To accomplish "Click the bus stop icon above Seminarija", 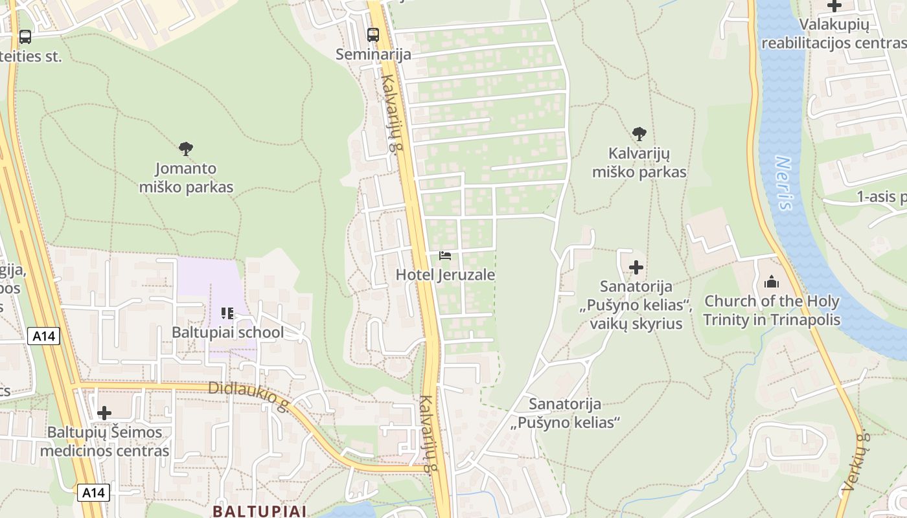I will click(373, 34).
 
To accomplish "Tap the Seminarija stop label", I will click(373, 54).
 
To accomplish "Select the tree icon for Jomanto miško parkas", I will click(186, 149).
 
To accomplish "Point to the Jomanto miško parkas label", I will click(186, 178).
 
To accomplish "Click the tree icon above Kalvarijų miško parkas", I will click(639, 134).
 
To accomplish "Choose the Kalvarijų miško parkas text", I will click(639, 163).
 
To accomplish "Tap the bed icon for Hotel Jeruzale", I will click(445, 256).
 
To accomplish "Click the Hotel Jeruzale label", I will click(445, 275).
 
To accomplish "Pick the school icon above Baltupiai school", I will click(227, 314).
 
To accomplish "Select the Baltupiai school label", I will click(227, 332).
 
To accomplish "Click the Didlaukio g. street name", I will click(249, 397).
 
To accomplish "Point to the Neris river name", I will click(785, 183).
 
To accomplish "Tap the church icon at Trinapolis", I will click(771, 282).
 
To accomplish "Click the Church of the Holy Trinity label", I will click(772, 310).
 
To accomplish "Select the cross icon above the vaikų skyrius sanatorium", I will click(636, 267).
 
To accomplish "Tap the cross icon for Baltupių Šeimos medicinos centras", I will click(104, 413).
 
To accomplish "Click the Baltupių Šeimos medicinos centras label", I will click(104, 442).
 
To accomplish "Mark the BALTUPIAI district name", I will click(258, 511).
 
